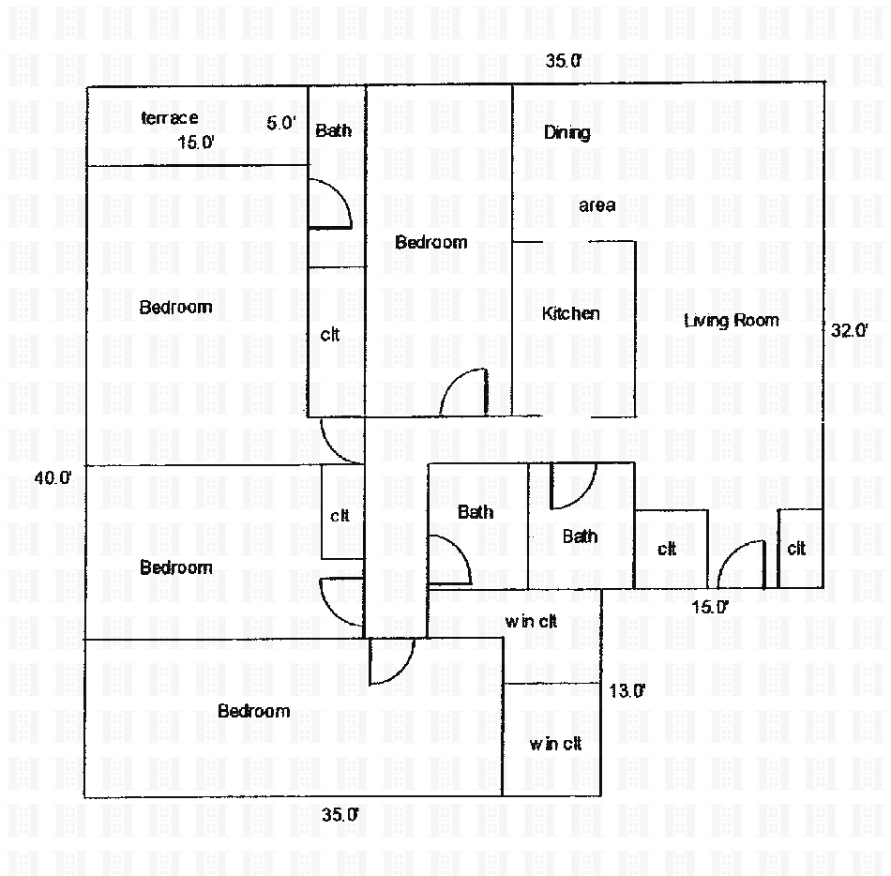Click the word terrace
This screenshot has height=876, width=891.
[x=169, y=118]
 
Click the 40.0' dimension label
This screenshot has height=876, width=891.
[x=53, y=477]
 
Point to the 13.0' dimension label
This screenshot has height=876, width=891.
[x=627, y=691]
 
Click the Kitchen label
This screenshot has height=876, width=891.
[x=570, y=313]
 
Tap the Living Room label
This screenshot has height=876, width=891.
[x=731, y=321]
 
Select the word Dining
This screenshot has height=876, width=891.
[x=566, y=132]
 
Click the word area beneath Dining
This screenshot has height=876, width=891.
[x=597, y=205]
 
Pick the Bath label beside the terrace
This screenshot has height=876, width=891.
[x=333, y=130]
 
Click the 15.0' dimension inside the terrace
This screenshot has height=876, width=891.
[x=197, y=143]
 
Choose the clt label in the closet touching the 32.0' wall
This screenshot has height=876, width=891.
[x=796, y=549]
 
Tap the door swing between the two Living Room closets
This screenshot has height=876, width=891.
[x=741, y=565]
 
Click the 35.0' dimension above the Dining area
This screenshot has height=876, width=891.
[x=564, y=61]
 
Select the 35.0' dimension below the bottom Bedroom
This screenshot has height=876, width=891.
[x=340, y=815]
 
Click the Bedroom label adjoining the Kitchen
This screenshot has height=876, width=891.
[x=430, y=243]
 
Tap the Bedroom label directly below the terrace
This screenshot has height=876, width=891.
[x=175, y=308]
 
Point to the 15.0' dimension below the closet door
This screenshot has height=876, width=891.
[x=710, y=607]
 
